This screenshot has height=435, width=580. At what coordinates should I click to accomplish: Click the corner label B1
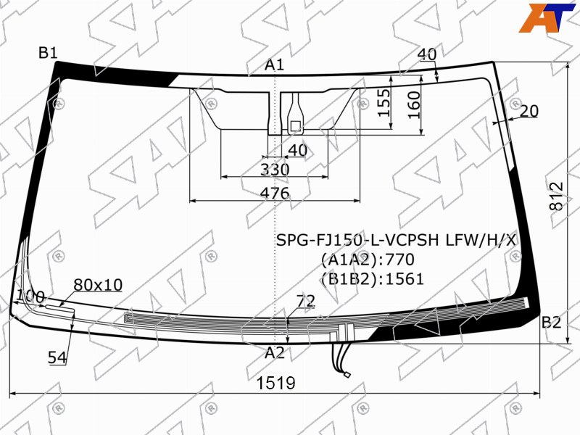click(48, 53)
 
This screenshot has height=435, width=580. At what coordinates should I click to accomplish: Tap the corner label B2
click(551, 323)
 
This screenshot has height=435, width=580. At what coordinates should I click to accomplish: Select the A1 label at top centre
click(274, 65)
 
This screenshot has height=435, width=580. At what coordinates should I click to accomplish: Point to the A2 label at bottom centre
click(275, 353)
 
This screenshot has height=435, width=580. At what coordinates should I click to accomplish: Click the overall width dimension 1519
click(276, 384)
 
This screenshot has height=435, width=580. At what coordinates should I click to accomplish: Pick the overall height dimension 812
click(556, 196)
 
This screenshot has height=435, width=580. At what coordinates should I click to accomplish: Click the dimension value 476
click(275, 193)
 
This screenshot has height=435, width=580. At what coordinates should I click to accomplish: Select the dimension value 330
click(275, 170)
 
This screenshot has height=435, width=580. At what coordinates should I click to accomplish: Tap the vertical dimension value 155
click(384, 102)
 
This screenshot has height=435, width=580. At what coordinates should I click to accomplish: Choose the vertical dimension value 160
click(414, 105)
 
